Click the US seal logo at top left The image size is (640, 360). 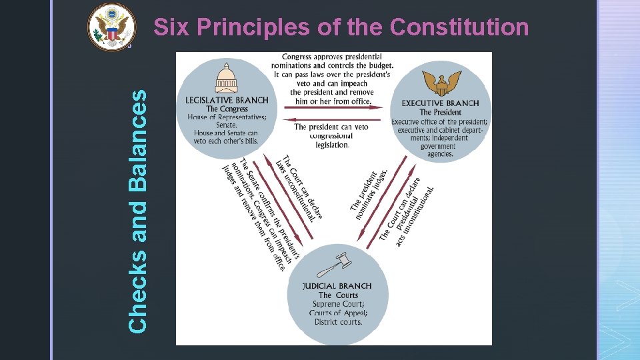(111, 26)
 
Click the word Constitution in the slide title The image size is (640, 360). (459, 27)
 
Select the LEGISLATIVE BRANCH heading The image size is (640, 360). (227, 101)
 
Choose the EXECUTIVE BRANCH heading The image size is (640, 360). (440, 103)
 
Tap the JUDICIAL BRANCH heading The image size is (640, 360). (337, 286)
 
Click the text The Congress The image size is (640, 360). (227, 109)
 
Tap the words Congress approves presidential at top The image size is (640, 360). (331, 57)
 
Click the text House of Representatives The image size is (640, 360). (227, 117)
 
